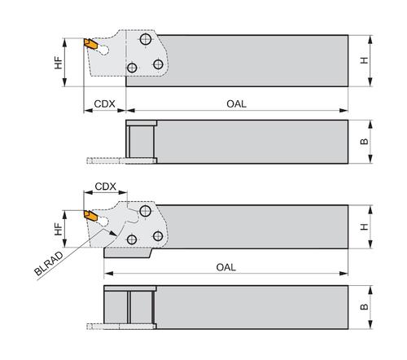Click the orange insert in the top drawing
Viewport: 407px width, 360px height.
coord(90,44)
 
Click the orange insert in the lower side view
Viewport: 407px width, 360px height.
coord(90,216)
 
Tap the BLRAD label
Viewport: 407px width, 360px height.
coord(49,264)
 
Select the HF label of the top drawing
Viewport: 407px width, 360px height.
coord(59,63)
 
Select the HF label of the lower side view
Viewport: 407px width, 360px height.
coord(59,229)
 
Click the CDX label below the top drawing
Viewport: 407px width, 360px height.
coord(104,103)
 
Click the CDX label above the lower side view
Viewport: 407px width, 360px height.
coord(105,187)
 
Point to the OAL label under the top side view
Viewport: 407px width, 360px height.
coord(236,103)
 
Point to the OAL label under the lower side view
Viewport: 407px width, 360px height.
coord(226,267)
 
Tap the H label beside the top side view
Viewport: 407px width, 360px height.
coord(365,60)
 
